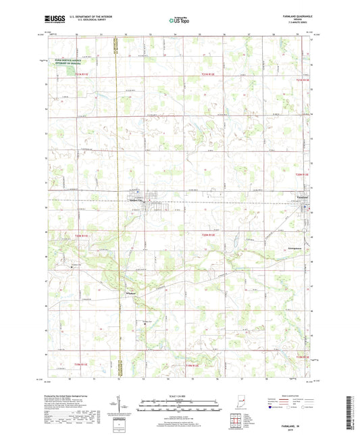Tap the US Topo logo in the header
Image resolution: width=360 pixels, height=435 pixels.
pyautogui.click(x=178, y=21)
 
